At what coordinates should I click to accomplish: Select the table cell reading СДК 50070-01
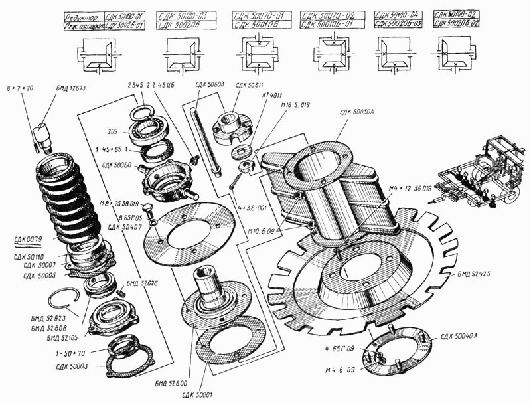(x=258, y=14)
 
